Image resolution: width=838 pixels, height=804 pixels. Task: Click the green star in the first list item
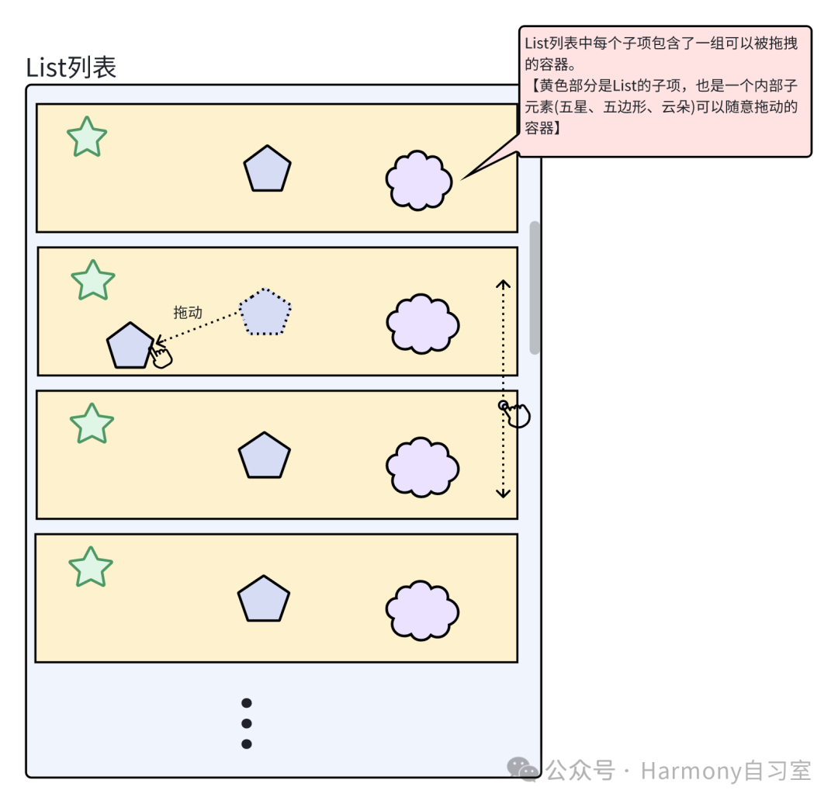(x=87, y=138)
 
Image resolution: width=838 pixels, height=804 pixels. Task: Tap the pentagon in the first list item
(x=267, y=169)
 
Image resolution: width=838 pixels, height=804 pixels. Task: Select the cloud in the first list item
(x=419, y=180)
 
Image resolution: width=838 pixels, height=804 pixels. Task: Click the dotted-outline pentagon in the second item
(x=265, y=312)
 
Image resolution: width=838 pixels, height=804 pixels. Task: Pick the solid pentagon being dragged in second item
(x=130, y=346)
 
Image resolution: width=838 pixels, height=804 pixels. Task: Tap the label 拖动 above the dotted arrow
(x=188, y=312)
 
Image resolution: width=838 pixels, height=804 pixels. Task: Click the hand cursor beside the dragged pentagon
(x=161, y=356)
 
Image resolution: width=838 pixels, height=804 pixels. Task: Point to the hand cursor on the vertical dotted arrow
(x=517, y=414)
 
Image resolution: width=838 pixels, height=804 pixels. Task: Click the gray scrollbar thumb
(x=535, y=287)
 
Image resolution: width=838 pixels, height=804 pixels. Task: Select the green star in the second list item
(x=92, y=281)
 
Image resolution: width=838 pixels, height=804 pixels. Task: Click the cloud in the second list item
(x=423, y=324)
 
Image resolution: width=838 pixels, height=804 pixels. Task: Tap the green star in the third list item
(x=92, y=424)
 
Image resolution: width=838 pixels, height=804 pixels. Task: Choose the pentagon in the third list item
(x=265, y=456)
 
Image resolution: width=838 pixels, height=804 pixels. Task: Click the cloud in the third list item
(x=423, y=467)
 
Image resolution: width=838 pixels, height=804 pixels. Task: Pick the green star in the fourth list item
(x=91, y=567)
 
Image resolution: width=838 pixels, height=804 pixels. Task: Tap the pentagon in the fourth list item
(x=264, y=600)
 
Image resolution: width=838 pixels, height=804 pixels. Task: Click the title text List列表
(x=71, y=68)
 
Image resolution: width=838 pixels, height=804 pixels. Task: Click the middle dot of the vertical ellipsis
(x=247, y=723)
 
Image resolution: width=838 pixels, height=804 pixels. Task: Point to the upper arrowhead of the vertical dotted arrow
(x=504, y=284)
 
